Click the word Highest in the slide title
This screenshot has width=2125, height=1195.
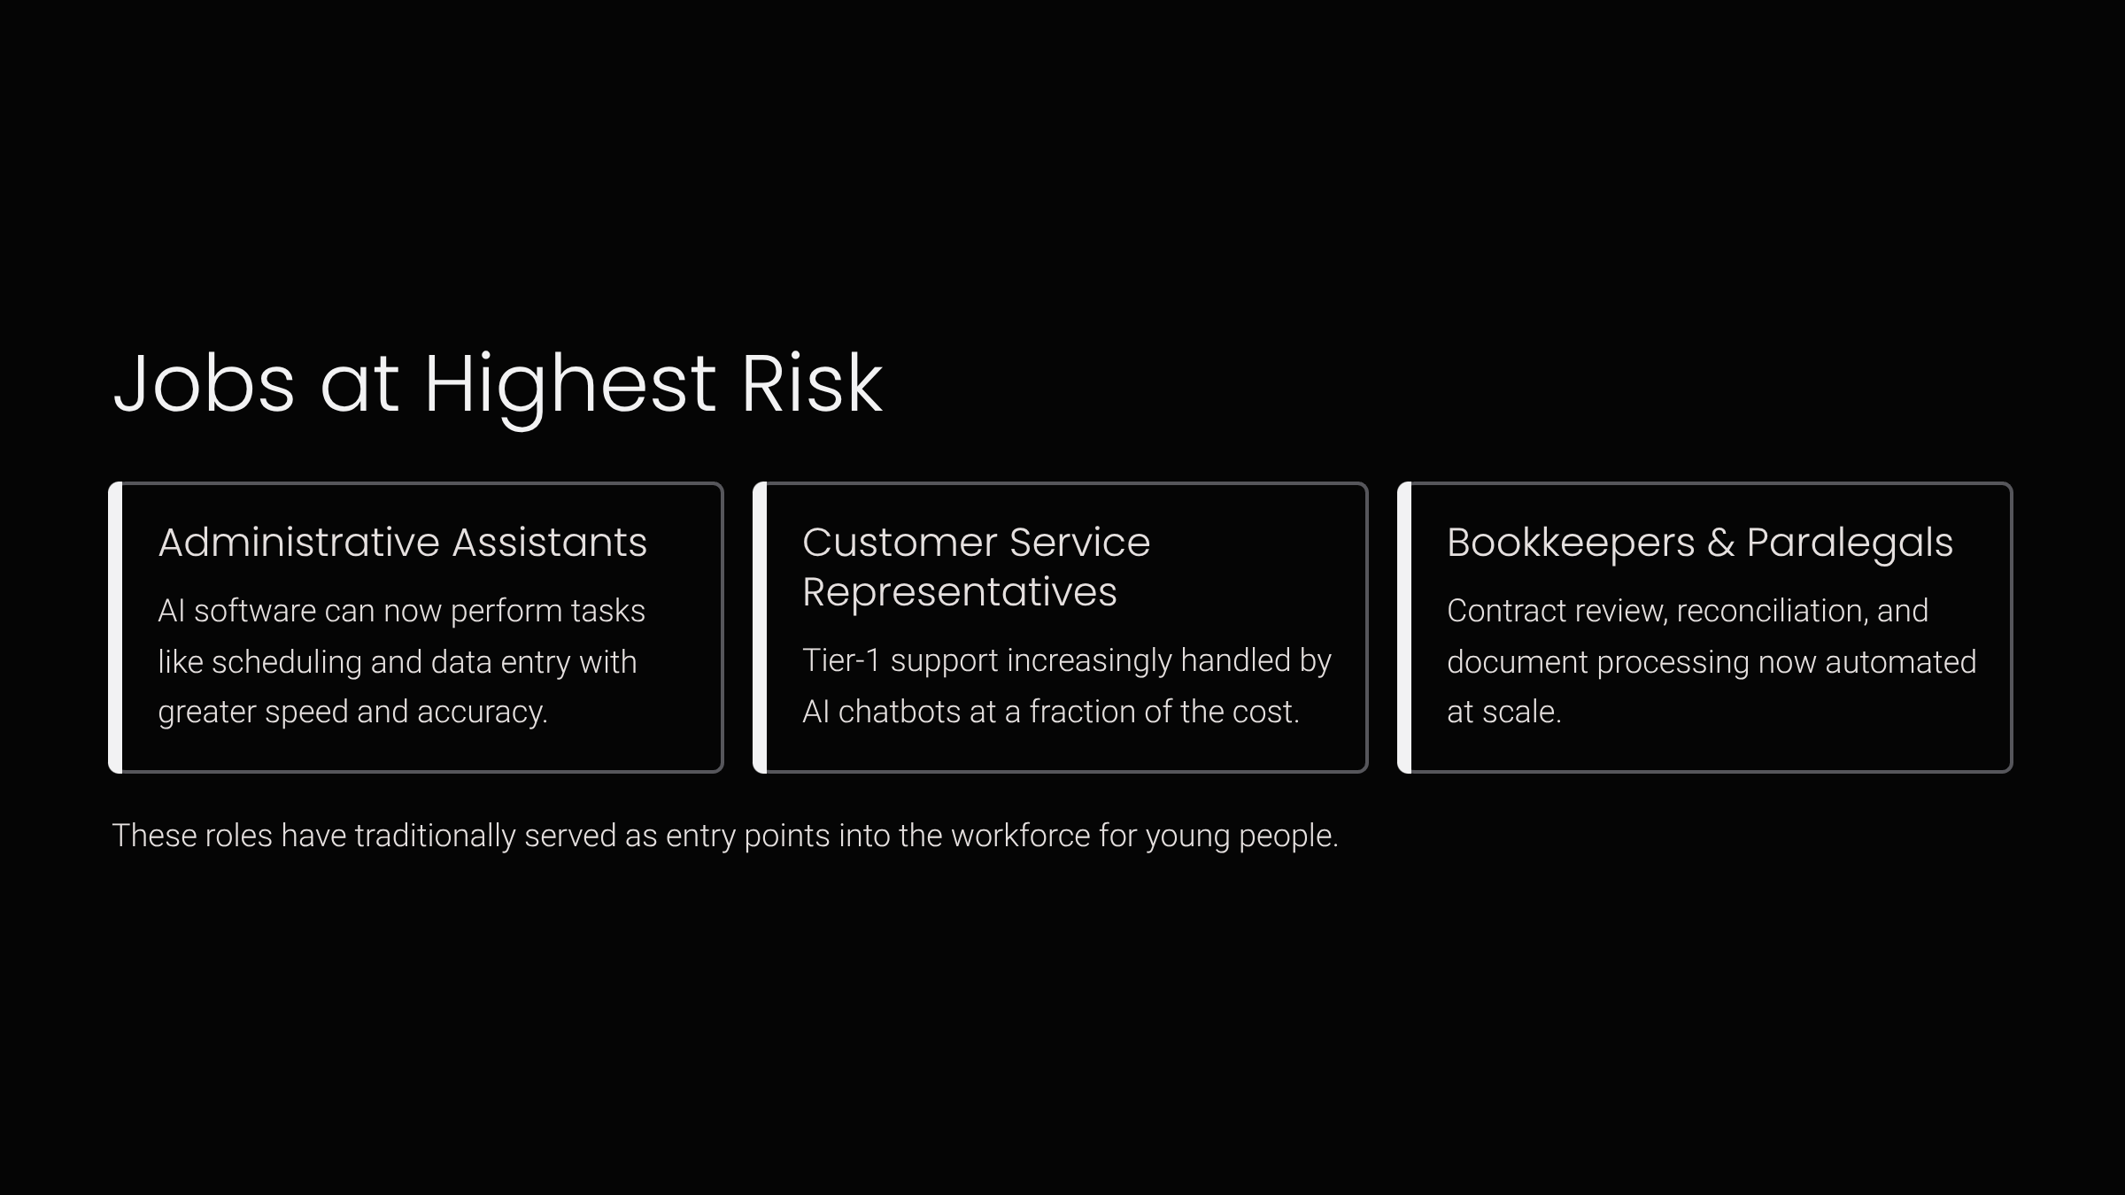point(569,385)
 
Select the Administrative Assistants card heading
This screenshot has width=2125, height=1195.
point(403,542)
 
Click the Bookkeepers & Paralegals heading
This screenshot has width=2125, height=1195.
point(1699,544)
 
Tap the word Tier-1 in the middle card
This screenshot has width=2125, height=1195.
point(841,660)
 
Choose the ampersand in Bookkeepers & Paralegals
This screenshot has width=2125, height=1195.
point(1720,543)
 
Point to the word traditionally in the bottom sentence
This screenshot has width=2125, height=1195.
point(435,836)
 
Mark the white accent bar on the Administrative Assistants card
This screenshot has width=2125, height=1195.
point(115,628)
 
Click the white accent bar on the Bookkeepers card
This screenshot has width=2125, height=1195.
point(1404,628)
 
